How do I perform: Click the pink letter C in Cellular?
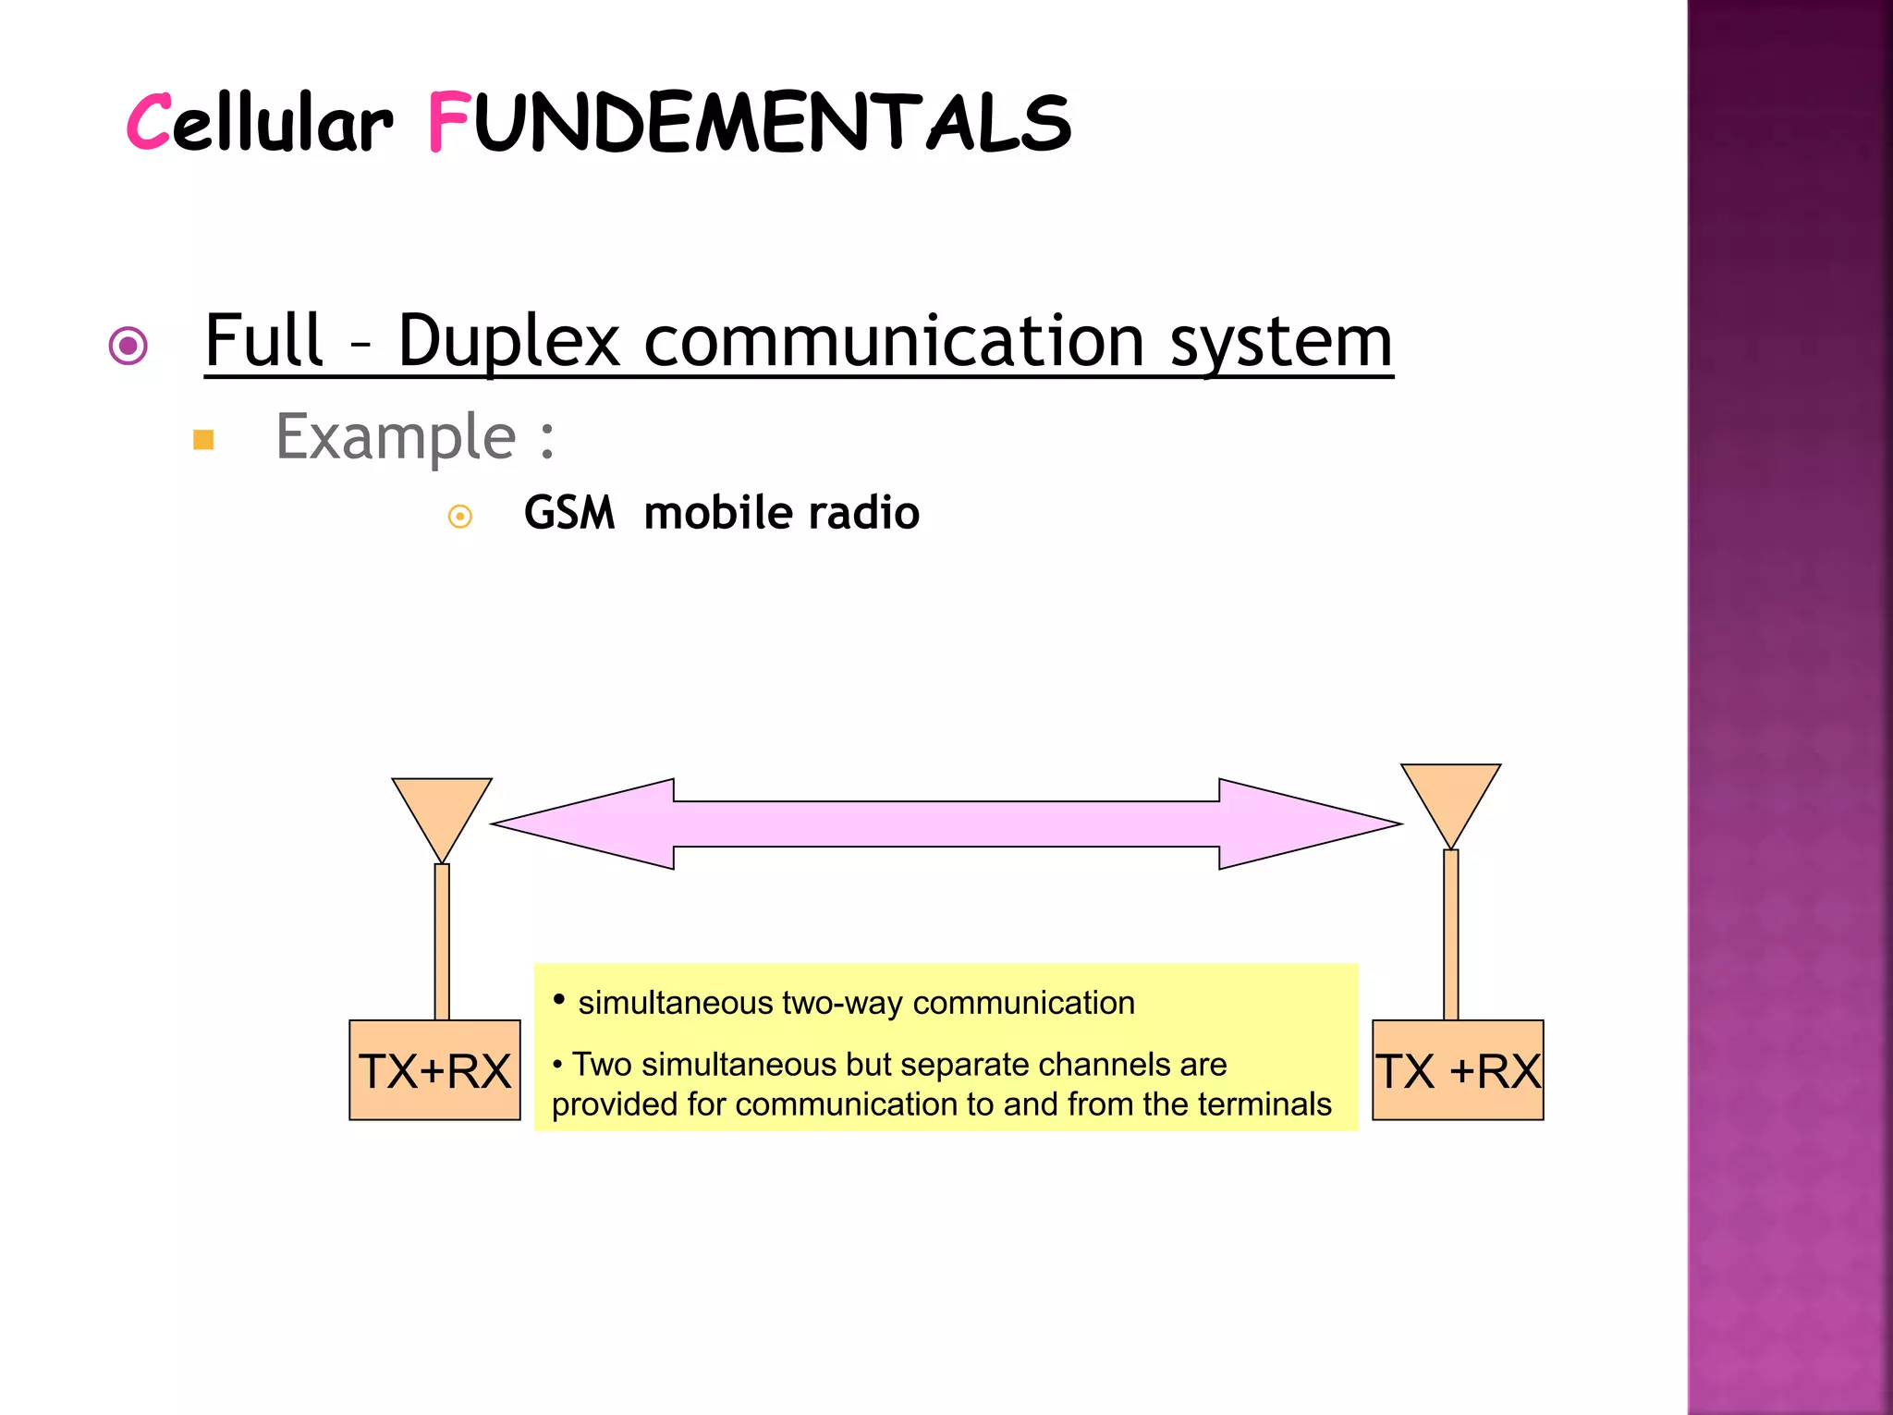click(149, 122)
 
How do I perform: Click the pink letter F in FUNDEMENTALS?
click(449, 122)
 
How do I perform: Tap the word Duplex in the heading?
click(507, 342)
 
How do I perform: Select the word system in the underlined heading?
click(1281, 342)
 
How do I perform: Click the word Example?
click(396, 436)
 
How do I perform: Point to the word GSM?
click(568, 513)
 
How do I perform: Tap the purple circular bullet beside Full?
click(128, 346)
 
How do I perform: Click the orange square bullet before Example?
click(203, 440)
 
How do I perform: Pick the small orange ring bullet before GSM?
click(459, 516)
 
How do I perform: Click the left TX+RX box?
click(434, 1070)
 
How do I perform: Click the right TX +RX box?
click(1457, 1070)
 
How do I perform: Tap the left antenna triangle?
click(442, 810)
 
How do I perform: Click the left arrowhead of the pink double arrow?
click(592, 823)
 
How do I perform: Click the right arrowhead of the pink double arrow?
click(1303, 823)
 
